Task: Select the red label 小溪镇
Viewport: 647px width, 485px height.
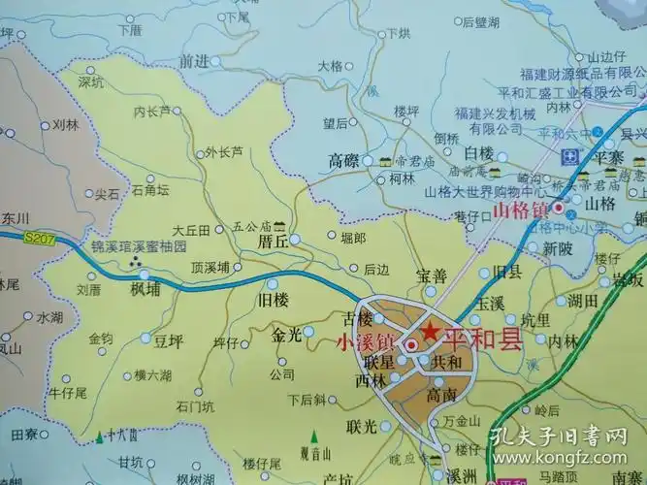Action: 363,341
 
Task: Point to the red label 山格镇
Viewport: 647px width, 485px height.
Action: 521,209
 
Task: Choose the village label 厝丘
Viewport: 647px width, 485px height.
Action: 275,239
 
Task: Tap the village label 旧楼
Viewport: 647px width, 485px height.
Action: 275,299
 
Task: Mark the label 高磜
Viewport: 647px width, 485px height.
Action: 344,159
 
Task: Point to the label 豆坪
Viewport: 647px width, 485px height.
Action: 168,340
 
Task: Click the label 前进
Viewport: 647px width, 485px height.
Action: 194,60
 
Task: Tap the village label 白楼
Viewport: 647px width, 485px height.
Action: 478,153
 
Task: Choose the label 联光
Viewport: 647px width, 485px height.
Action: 364,427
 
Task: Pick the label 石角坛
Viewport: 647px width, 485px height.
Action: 149,189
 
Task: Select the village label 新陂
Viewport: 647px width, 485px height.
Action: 558,248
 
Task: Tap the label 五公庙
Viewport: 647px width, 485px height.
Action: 249,226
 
